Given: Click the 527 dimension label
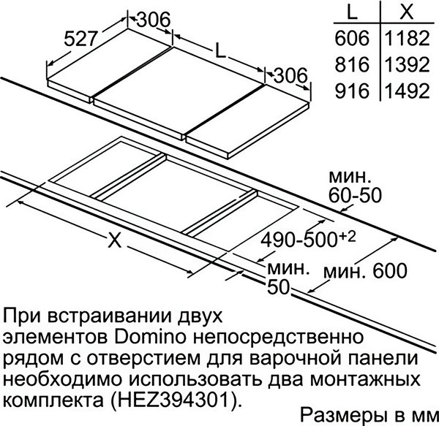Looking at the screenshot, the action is (x=80, y=38).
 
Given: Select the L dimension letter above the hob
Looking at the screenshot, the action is (x=221, y=50).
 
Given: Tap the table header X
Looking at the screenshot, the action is (x=407, y=12).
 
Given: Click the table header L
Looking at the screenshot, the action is (x=352, y=12).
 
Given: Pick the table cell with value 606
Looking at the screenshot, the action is (x=352, y=38).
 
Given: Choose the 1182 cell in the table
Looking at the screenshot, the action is (x=407, y=38).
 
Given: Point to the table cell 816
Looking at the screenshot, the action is (x=352, y=64).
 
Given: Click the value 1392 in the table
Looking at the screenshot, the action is (x=407, y=64).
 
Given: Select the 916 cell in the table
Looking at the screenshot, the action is (x=352, y=91).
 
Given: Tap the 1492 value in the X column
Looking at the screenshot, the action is (x=407, y=91).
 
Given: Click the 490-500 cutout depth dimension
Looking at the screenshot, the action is (x=308, y=239).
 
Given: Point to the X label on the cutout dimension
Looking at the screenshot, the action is (x=115, y=240).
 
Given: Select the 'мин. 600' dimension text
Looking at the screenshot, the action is (x=365, y=270).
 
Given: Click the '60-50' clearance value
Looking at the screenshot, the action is (x=355, y=195).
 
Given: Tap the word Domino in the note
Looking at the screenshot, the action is (x=150, y=337).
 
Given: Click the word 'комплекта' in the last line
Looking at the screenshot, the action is (x=53, y=401).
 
